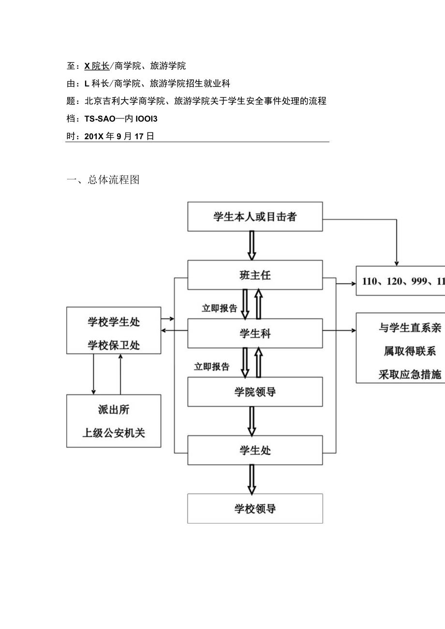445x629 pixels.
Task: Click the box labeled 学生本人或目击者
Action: point(255,217)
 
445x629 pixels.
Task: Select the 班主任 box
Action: point(255,275)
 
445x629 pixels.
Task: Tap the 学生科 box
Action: point(255,333)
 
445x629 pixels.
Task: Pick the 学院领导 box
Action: point(255,392)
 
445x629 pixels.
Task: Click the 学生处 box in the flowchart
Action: point(255,450)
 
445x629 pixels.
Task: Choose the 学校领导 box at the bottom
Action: point(255,509)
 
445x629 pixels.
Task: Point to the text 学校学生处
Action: point(114,322)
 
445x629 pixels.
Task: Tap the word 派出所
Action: point(114,410)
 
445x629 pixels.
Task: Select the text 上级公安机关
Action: point(114,433)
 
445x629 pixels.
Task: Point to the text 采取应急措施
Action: point(410,374)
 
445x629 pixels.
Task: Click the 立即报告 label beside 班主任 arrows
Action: point(219,308)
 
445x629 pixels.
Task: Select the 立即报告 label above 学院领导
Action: point(212,366)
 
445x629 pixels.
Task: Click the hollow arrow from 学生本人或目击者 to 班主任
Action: point(252,246)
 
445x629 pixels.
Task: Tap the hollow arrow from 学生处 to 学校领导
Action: point(252,479)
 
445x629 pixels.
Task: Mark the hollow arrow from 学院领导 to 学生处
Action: point(252,421)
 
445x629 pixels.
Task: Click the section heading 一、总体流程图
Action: point(103,180)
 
